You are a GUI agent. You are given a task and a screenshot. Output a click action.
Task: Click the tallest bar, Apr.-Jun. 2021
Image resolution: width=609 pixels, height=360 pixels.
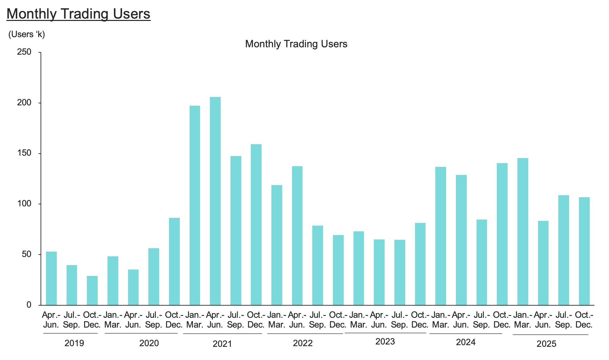pos(215,201)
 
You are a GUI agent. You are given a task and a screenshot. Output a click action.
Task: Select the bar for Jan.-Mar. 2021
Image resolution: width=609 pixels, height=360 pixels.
pos(195,205)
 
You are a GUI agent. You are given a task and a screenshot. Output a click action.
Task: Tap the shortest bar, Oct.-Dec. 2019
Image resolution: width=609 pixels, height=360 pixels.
pos(92,290)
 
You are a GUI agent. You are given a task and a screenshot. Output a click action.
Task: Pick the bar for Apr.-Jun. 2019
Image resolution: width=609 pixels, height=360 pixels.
pos(51,278)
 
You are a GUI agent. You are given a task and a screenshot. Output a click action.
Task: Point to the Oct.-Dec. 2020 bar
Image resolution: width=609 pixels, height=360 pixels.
pos(174,261)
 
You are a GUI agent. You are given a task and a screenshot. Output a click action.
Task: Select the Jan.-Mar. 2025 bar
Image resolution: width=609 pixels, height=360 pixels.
pos(523,231)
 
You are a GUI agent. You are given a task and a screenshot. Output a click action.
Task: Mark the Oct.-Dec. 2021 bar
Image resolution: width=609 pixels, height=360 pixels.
pos(256,225)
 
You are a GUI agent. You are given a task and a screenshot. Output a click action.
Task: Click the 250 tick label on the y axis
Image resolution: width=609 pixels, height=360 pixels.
pos(24,52)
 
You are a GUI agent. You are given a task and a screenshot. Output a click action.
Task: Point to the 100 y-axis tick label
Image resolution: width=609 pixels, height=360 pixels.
pos(24,204)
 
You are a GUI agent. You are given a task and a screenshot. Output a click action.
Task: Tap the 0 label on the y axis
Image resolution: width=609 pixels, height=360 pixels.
pos(29,305)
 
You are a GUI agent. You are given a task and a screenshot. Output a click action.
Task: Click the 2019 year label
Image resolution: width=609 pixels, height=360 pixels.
pos(74,343)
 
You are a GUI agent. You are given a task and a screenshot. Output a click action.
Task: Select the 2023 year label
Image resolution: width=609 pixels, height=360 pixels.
pos(385,342)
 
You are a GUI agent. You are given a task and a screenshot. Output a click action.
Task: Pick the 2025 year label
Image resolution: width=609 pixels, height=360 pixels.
pos(546,344)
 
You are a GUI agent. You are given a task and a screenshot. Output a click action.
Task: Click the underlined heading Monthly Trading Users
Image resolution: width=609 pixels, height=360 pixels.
pos(78,14)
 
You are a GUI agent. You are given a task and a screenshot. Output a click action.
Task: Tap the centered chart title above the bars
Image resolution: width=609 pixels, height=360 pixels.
pos(296,44)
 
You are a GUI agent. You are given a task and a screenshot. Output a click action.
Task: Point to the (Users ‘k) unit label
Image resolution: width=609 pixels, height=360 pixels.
pos(26,34)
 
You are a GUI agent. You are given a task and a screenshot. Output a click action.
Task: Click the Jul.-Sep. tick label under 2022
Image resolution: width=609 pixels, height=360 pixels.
pos(317,320)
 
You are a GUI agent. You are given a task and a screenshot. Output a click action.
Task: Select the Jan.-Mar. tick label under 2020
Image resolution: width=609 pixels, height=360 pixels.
pos(113,320)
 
